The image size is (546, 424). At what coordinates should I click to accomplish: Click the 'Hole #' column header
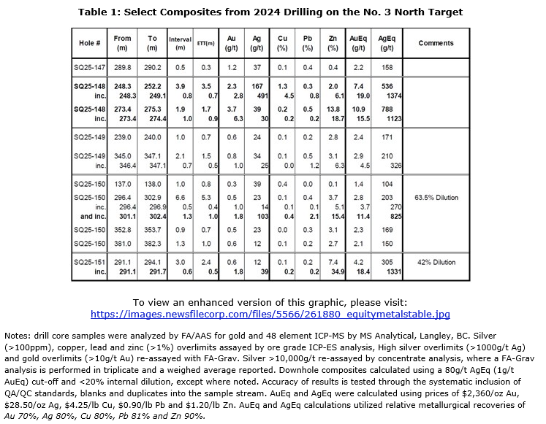pyautogui.click(x=90, y=43)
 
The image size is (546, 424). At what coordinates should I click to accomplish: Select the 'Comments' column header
pyautogui.click(x=436, y=43)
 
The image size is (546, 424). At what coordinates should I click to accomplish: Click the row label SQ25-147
pyautogui.click(x=90, y=66)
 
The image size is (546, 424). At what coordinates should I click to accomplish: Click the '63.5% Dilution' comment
pyautogui.click(x=436, y=197)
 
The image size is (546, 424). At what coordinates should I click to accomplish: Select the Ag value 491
pyautogui.click(x=257, y=96)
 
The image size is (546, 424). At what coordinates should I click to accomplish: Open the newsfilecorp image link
pyautogui.click(x=270, y=315)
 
